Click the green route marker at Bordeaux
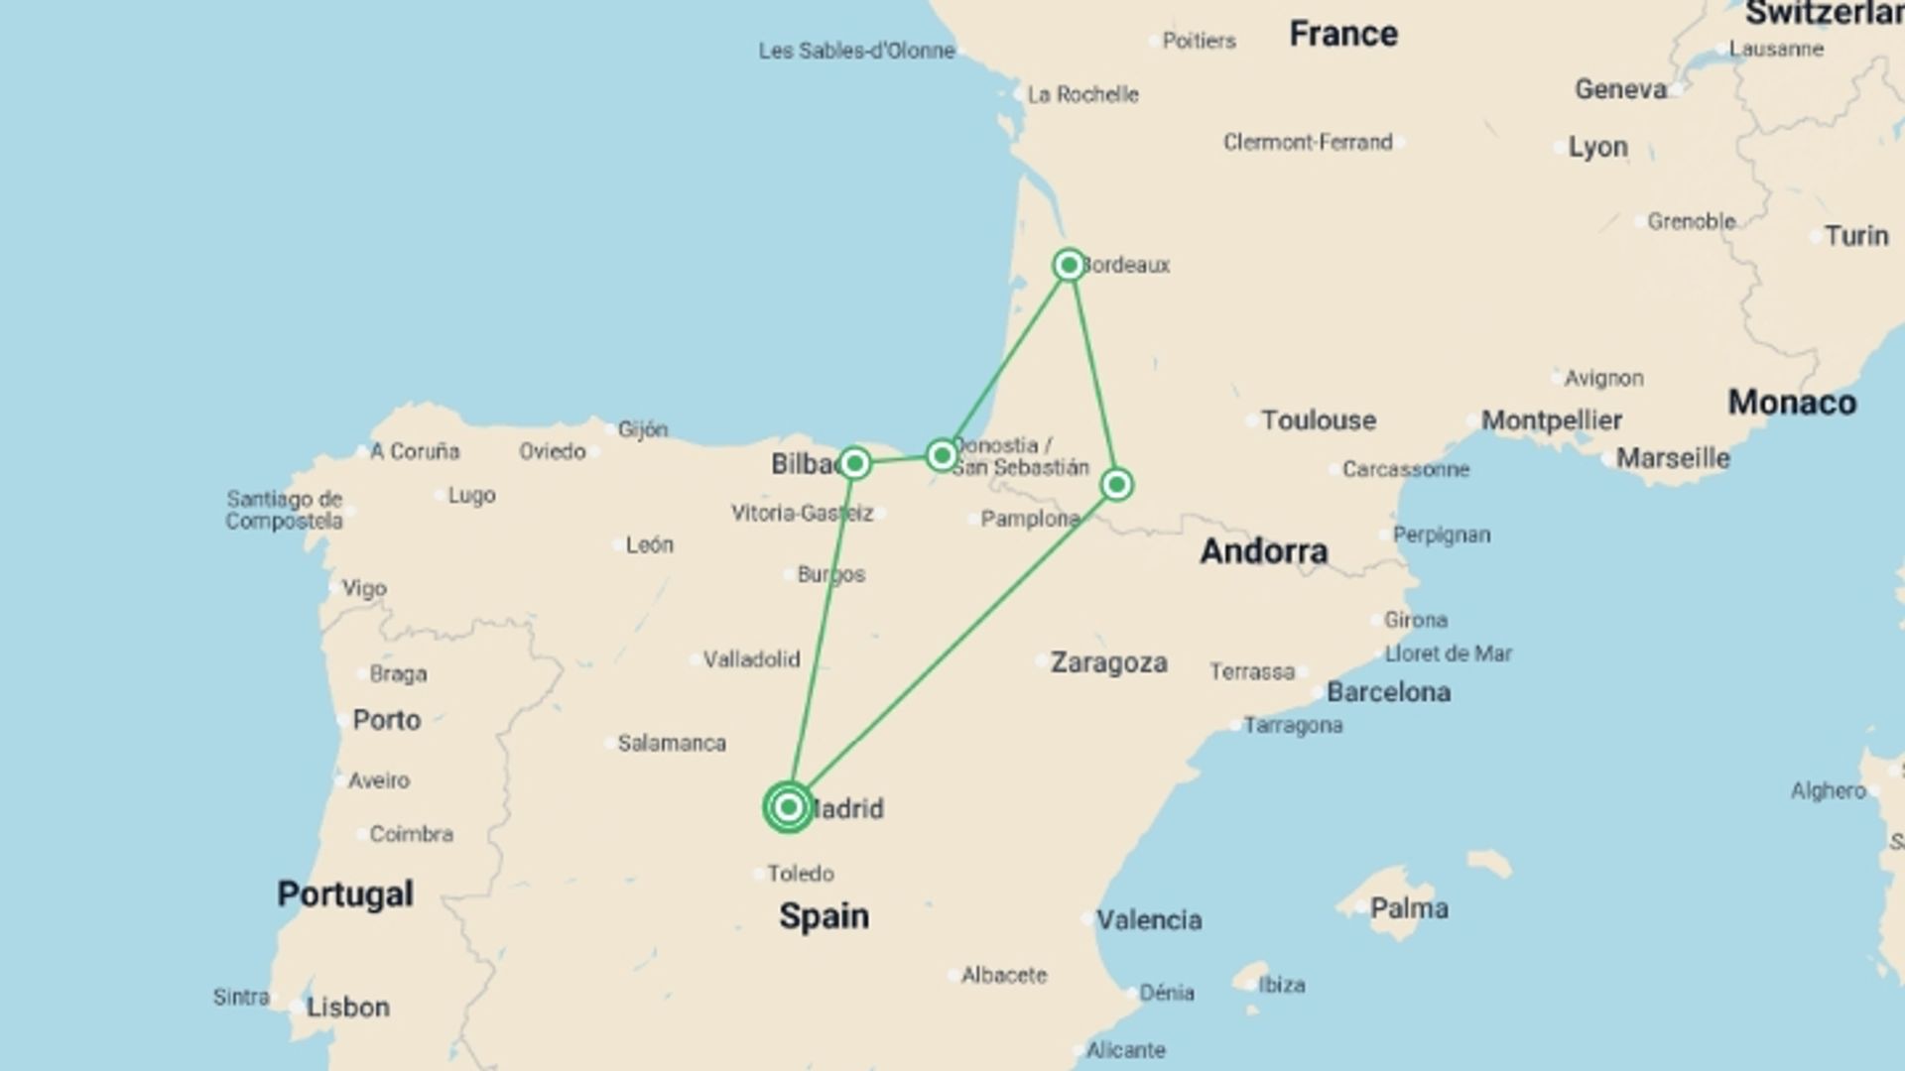(1069, 265)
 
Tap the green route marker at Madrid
(789, 807)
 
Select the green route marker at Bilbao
(854, 463)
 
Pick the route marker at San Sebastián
(942, 455)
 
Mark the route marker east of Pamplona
(1117, 484)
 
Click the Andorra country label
(1263, 551)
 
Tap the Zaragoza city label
(1108, 662)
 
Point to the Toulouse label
(1319, 420)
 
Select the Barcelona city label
(1388, 692)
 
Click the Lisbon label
(347, 1008)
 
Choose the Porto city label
(386, 720)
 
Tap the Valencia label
(1149, 920)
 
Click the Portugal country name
(344, 894)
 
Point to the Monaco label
(1792, 403)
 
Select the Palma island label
(1408, 908)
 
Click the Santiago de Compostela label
(284, 510)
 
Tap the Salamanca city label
(672, 743)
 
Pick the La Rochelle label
(1082, 95)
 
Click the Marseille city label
(1673, 458)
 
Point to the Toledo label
(800, 874)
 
